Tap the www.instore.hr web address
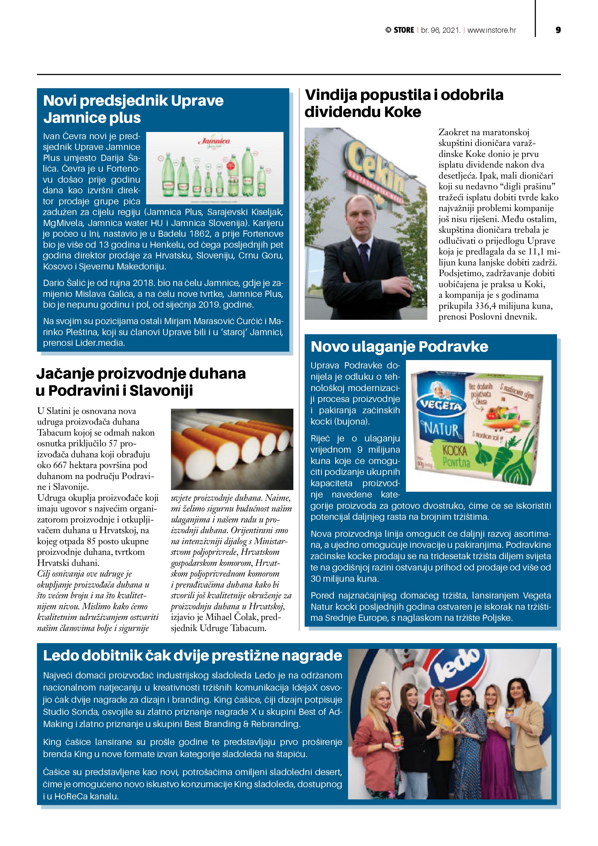tap(492, 30)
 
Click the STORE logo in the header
tap(400, 30)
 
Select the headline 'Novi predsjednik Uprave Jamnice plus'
tap(133, 109)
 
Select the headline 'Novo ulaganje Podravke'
tap(399, 347)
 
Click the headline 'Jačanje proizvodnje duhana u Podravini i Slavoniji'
tap(141, 382)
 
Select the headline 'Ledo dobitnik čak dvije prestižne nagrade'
tap(192, 656)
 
